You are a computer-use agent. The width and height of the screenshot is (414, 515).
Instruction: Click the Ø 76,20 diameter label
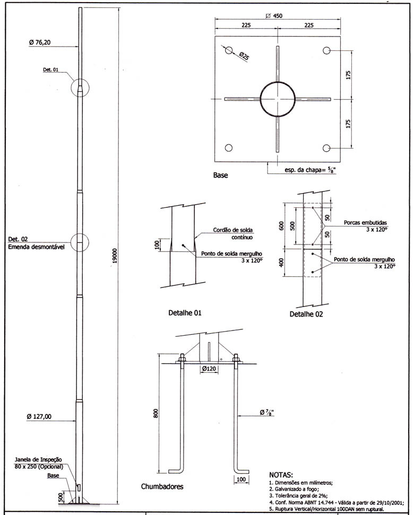coord(40,42)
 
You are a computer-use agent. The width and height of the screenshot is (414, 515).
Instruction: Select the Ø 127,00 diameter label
coord(39,416)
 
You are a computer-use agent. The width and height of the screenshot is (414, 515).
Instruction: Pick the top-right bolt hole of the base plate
coord(326,50)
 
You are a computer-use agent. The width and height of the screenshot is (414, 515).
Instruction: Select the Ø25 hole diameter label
coord(244,56)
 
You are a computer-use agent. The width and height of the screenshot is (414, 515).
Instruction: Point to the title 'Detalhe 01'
coord(185,313)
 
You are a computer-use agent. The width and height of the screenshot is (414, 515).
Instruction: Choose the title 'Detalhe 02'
coord(306,314)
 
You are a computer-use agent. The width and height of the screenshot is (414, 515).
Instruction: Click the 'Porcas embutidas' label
coord(365,223)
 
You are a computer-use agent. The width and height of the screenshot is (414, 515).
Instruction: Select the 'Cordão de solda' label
coord(233,230)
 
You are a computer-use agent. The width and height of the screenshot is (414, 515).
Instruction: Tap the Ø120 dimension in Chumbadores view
coord(209,369)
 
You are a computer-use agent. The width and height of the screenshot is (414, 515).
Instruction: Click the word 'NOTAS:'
coord(281,475)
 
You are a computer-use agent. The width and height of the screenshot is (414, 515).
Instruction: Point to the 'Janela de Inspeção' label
coord(38,459)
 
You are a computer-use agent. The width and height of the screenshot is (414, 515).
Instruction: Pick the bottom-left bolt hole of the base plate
coord(229,148)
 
